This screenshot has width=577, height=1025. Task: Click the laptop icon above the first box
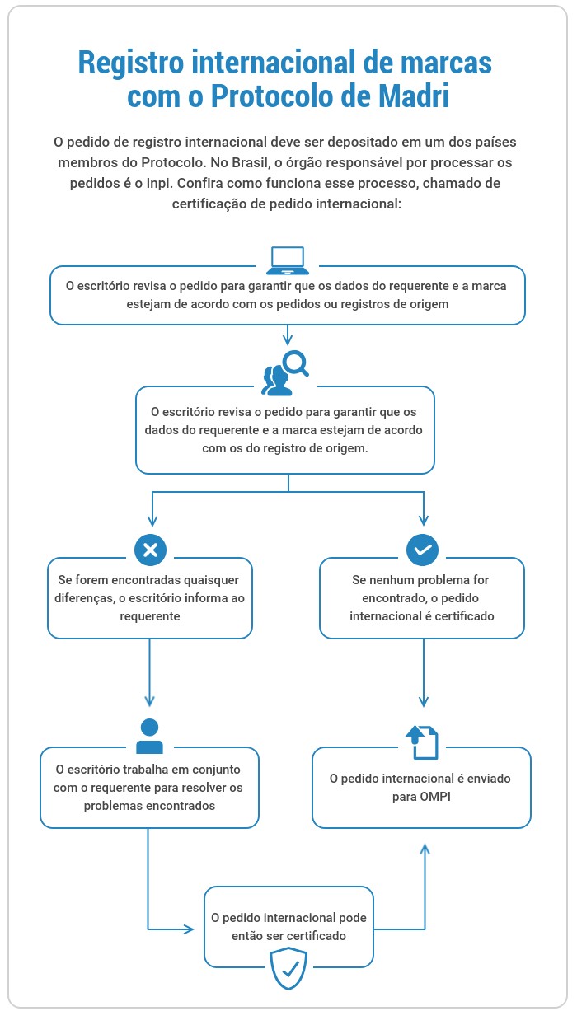tap(288, 260)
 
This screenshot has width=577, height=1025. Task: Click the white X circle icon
tap(150, 550)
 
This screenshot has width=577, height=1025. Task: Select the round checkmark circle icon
tap(422, 550)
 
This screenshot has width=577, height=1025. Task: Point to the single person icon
tap(150, 736)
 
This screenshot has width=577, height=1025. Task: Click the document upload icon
tap(422, 742)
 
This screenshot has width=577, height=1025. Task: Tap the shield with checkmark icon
tap(288, 969)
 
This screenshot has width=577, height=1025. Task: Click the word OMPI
tap(434, 797)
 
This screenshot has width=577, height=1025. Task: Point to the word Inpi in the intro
tap(158, 183)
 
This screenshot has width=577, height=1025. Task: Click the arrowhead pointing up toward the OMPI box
tap(425, 849)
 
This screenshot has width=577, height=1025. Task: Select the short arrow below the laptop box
tap(288, 335)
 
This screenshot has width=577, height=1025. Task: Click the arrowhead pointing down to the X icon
tap(152, 521)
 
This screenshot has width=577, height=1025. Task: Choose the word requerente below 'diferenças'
tap(150, 616)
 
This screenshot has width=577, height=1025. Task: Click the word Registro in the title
tap(131, 63)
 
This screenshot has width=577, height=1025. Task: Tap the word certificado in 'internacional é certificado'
tap(464, 616)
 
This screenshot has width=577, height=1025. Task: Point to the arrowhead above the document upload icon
tap(424, 701)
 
